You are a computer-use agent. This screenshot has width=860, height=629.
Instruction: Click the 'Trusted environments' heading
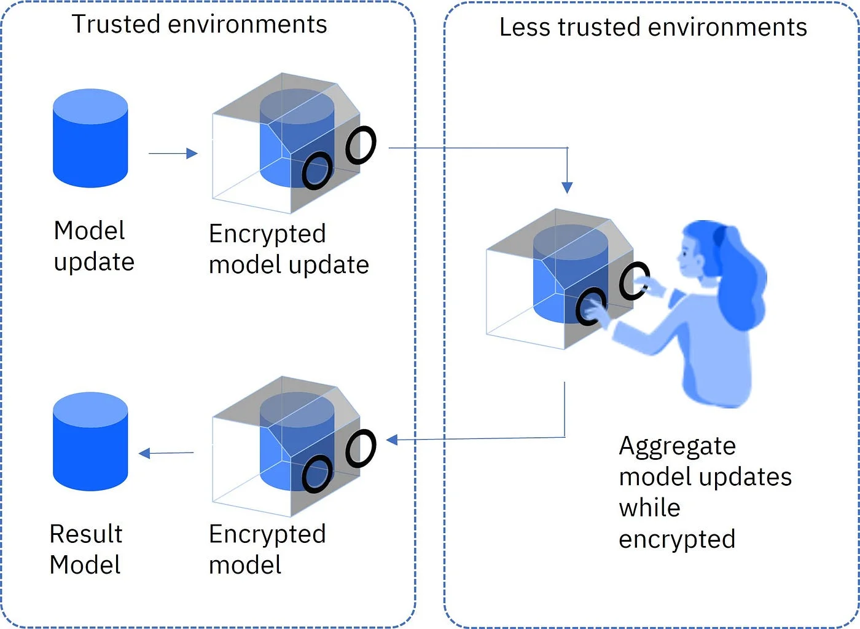point(200,25)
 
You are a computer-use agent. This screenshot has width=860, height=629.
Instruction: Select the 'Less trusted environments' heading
point(653,28)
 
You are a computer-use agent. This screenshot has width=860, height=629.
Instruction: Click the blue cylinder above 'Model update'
point(90,138)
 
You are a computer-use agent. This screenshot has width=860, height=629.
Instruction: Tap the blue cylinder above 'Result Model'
point(90,441)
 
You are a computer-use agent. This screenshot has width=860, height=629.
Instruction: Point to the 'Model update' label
point(93,246)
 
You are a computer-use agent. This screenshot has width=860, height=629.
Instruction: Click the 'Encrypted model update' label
point(289,249)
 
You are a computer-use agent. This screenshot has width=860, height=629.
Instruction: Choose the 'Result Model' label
point(86,549)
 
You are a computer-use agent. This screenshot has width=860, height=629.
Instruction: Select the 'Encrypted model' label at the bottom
point(267,549)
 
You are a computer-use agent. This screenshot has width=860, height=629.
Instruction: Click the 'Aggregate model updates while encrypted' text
point(705,492)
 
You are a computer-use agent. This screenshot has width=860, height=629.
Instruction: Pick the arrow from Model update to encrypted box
point(173,153)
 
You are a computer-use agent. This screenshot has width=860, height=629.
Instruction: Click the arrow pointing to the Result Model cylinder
point(166,454)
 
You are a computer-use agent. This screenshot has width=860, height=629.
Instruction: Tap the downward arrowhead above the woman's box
point(567,188)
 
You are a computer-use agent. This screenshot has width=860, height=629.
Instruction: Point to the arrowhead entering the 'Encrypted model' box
point(392,440)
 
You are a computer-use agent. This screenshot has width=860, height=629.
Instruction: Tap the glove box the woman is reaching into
point(559,280)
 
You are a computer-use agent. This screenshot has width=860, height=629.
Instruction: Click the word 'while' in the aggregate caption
point(649,508)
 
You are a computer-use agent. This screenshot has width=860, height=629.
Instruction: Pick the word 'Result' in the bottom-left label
point(86,534)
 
